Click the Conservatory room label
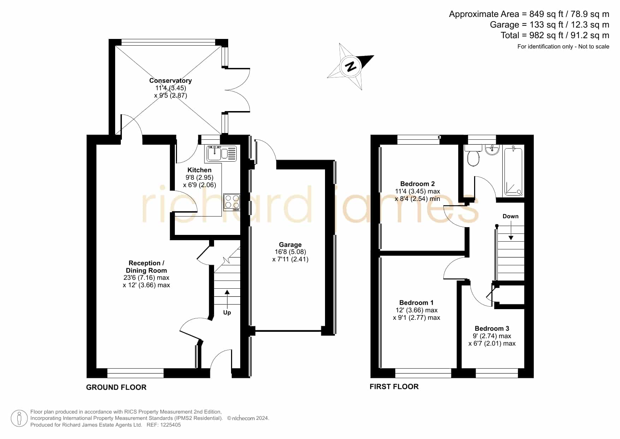coord(170,81)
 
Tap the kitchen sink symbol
coord(221,154)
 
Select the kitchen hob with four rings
coord(232,202)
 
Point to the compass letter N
coord(351,66)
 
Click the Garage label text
coord(290,244)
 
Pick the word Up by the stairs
coord(227,312)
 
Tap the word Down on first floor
coord(510,216)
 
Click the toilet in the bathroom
coord(473,156)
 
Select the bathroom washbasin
coord(492,150)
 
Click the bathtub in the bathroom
coord(513,171)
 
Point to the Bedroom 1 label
coord(416,302)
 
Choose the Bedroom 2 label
coord(417,184)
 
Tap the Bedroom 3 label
coord(492,328)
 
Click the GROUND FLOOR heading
coord(116,387)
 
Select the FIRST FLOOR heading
coord(394,387)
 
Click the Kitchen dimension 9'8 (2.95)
coord(200,178)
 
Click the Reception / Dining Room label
coord(146,267)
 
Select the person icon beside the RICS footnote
coord(19,418)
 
